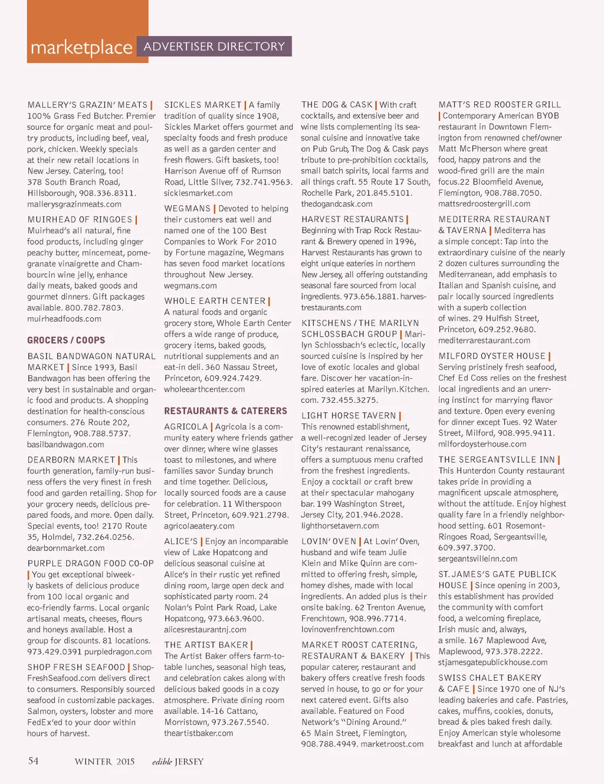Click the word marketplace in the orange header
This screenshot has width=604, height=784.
(x=81, y=48)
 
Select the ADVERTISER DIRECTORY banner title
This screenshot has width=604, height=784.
(x=214, y=47)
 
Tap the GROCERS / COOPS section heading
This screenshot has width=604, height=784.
(x=66, y=340)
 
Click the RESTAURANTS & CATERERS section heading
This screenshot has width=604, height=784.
(x=225, y=411)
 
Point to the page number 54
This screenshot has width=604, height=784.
(x=34, y=761)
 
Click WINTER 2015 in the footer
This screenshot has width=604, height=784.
(x=104, y=762)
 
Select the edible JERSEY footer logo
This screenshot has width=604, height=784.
(x=178, y=762)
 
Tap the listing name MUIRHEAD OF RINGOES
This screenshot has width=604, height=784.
(x=80, y=219)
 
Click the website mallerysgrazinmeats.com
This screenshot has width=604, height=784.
(x=74, y=204)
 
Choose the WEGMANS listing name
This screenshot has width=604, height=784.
(x=187, y=209)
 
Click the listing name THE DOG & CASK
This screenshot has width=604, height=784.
(x=337, y=105)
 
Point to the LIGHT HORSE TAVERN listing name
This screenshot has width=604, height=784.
(x=349, y=416)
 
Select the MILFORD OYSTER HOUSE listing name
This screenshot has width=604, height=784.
(x=492, y=356)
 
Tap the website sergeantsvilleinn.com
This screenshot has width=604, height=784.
(x=478, y=559)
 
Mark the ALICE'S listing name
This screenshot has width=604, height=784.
(x=181, y=542)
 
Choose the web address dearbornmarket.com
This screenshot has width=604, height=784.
(x=65, y=548)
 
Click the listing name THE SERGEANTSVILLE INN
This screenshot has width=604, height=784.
(x=497, y=460)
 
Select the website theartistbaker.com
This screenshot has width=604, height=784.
(x=199, y=733)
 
